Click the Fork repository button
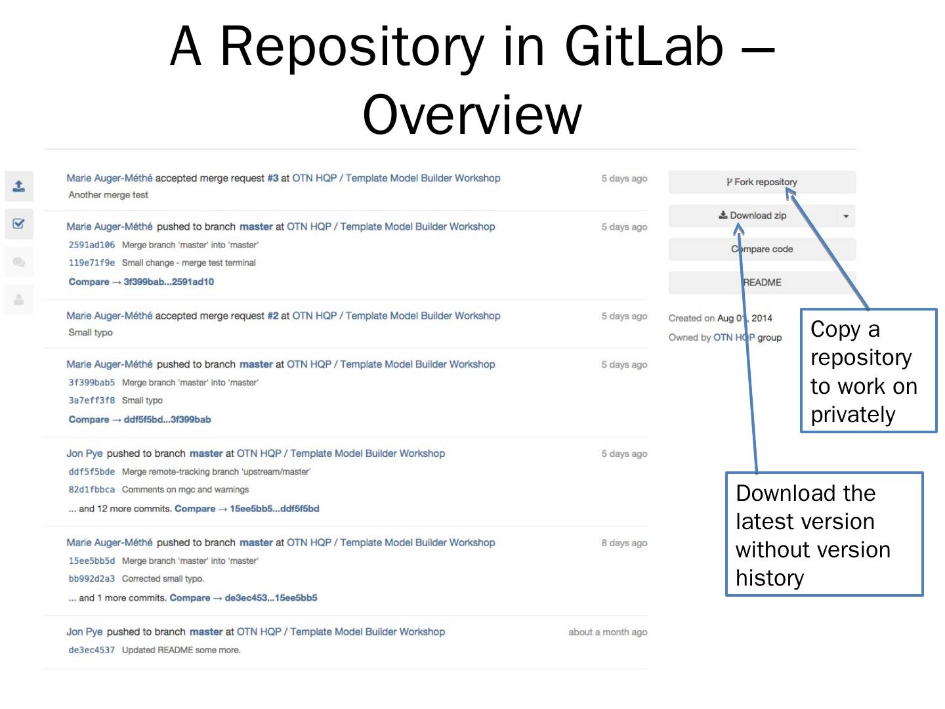[x=761, y=182]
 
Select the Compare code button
[x=762, y=249]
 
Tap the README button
[x=762, y=282]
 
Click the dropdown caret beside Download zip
[x=846, y=216]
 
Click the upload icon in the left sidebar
[x=19, y=186]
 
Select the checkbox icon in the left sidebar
[x=19, y=224]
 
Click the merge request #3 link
[x=273, y=178]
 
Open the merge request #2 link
[x=273, y=316]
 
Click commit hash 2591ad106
[x=91, y=245]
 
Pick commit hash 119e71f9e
[x=91, y=263]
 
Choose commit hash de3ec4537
[x=91, y=650]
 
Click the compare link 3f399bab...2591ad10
[x=169, y=282]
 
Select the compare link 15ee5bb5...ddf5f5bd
[x=274, y=509]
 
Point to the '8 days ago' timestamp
[x=624, y=543]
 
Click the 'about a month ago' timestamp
[x=608, y=632]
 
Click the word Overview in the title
[x=472, y=115]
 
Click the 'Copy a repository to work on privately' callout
[x=868, y=371]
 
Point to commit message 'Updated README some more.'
[x=181, y=650]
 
